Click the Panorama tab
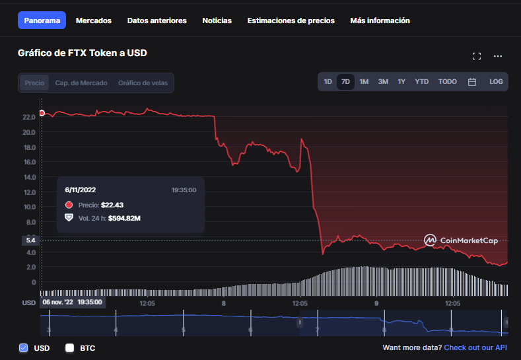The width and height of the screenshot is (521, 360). click(x=42, y=20)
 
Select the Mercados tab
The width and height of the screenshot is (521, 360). click(x=94, y=20)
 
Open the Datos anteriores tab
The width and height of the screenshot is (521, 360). click(x=157, y=20)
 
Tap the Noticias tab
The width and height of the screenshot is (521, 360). click(x=217, y=20)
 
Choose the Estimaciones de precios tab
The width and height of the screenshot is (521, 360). click(x=291, y=20)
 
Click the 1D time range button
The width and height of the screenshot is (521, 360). click(x=328, y=82)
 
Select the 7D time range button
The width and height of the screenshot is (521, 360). click(x=345, y=82)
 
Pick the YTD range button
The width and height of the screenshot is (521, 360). click(x=422, y=82)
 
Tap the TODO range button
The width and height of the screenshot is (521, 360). click(x=447, y=82)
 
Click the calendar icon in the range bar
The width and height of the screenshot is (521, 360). click(x=472, y=82)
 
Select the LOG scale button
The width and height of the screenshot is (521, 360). click(x=496, y=82)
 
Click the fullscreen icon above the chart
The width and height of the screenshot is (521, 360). click(x=477, y=56)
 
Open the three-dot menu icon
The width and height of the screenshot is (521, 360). click(x=498, y=56)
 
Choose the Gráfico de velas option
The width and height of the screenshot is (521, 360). click(x=143, y=83)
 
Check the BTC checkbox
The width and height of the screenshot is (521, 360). click(x=70, y=347)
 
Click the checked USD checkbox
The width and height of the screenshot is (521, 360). click(x=23, y=347)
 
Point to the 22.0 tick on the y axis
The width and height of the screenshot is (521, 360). click(x=29, y=117)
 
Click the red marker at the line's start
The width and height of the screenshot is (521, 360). click(x=42, y=113)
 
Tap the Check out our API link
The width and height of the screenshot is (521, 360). click(x=475, y=347)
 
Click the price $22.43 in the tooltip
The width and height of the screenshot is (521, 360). click(x=112, y=205)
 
